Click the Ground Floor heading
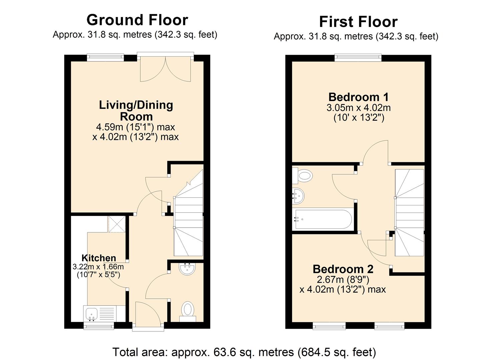tap(137, 20)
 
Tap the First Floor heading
tap(358, 22)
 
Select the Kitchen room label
tap(99, 258)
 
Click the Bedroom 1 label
tap(358, 97)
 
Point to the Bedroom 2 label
tap(343, 269)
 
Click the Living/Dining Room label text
tap(136, 111)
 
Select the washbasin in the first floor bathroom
tap(298, 196)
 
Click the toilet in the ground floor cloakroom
tap(188, 311)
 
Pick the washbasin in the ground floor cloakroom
tap(187, 269)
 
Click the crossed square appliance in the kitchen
tap(117, 224)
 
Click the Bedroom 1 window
tap(358, 57)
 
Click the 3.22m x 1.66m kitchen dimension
tap(98, 267)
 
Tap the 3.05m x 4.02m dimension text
tap(358, 108)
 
